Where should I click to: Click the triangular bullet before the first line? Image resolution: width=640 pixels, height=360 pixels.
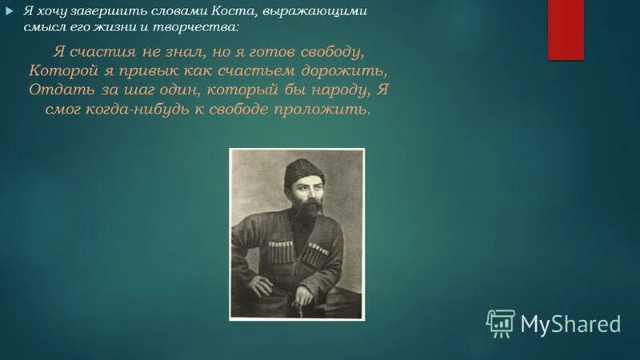10,10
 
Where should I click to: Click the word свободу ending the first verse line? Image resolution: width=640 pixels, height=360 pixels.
335,52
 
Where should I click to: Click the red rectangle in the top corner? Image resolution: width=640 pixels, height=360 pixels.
566,30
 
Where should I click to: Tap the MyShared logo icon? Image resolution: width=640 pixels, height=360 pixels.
500,322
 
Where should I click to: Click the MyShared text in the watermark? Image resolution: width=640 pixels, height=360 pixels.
570,323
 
